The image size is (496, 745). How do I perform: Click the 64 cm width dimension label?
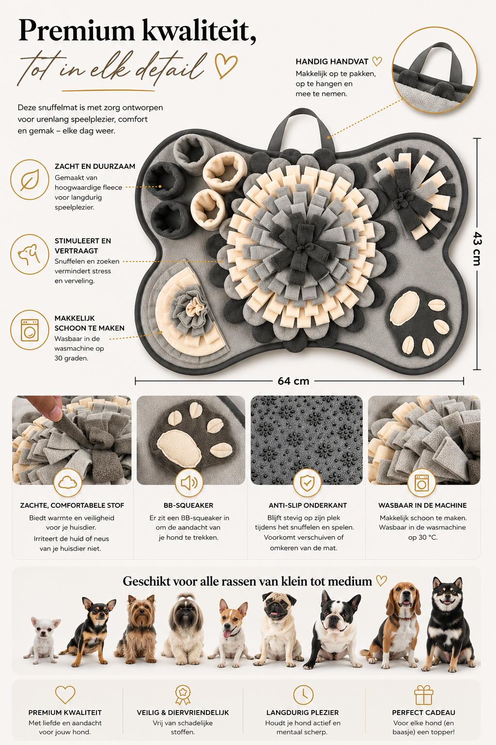294,381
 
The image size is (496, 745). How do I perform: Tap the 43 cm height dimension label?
477,248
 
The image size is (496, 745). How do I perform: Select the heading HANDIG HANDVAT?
332,62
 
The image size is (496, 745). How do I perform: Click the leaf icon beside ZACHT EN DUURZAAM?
30,180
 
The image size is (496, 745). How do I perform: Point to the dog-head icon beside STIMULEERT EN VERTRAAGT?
29,255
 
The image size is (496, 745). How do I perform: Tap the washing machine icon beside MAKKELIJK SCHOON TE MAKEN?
30,330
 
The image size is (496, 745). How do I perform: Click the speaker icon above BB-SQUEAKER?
189,483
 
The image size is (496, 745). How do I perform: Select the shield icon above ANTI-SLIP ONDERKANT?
307,483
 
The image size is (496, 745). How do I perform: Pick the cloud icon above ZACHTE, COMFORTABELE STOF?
67,482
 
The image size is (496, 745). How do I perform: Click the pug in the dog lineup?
279,630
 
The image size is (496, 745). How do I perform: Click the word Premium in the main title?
77,31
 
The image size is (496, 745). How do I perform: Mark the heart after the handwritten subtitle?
226,66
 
